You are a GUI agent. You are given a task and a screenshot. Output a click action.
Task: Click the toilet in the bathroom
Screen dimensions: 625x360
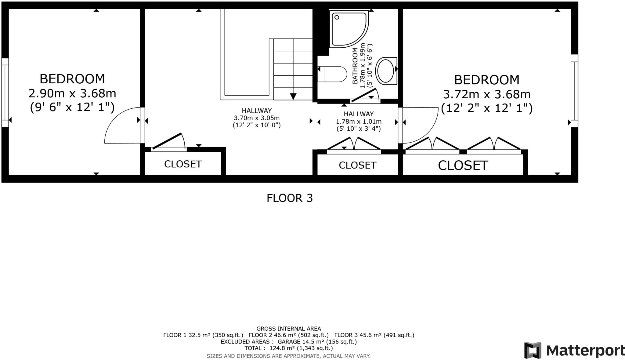point(332,74)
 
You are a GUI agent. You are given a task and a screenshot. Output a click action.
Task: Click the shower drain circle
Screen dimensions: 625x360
point(337,17)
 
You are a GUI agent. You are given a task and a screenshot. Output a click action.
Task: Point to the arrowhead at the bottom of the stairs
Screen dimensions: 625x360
point(293,96)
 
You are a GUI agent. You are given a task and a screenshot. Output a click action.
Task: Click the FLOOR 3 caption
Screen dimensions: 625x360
point(290,198)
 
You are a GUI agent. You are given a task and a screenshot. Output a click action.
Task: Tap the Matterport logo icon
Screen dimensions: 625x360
point(533,350)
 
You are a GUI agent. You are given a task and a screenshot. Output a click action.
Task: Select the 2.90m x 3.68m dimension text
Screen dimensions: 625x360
point(72,93)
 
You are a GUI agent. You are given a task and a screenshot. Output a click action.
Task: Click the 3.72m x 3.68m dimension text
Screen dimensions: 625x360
point(487,94)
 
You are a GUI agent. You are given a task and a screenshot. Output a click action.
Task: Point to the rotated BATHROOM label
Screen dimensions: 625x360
point(355,66)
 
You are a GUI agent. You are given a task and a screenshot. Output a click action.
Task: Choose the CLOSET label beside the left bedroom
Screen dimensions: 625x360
point(183,164)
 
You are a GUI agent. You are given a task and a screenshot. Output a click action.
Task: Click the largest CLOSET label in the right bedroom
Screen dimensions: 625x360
point(463,165)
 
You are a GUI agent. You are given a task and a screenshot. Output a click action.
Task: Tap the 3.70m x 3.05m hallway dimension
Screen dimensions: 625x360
point(257,118)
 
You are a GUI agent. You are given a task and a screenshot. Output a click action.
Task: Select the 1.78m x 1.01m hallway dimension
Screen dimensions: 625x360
point(359,122)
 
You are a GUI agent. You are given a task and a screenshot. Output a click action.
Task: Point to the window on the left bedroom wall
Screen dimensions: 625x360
point(5,93)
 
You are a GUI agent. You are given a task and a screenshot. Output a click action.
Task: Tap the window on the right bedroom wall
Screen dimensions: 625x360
point(574,91)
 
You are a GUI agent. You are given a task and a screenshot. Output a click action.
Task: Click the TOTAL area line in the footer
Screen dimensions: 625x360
point(288,348)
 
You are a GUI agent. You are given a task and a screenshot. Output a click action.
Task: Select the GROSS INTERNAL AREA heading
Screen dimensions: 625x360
point(288,329)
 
